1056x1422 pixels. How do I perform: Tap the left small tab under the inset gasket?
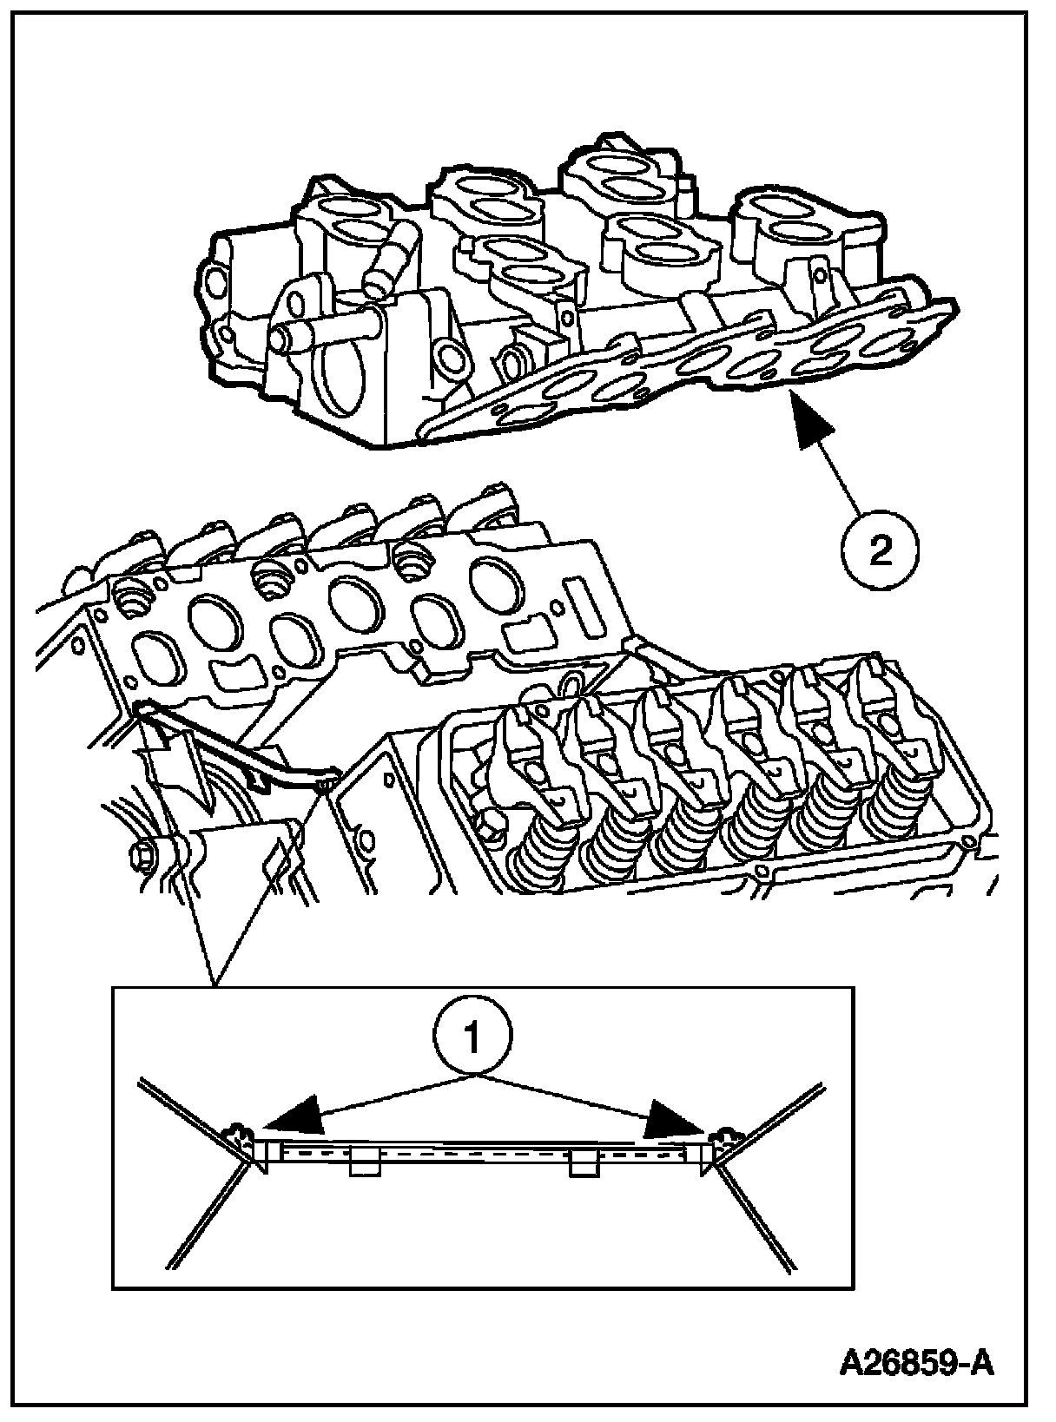click(x=364, y=1163)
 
